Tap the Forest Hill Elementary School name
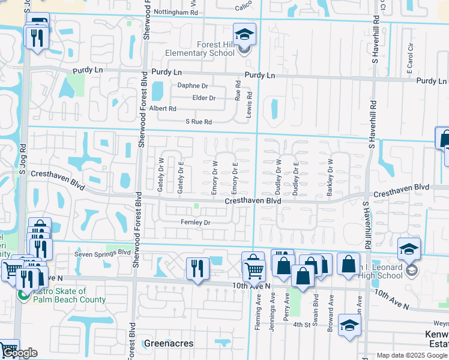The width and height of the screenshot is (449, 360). [x=207, y=49]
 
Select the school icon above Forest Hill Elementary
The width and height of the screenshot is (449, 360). [x=244, y=34]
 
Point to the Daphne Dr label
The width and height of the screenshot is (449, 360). [x=192, y=86]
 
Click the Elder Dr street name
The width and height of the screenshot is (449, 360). [x=203, y=98]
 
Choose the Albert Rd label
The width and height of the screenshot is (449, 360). [x=163, y=109]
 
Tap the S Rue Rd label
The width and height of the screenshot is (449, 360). [x=199, y=122]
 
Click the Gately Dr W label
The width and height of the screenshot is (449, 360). [x=161, y=175]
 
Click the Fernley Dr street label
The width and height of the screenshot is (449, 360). [x=196, y=223]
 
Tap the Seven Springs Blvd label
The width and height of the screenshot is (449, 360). [x=102, y=253]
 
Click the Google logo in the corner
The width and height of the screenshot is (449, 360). [x=19, y=353]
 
